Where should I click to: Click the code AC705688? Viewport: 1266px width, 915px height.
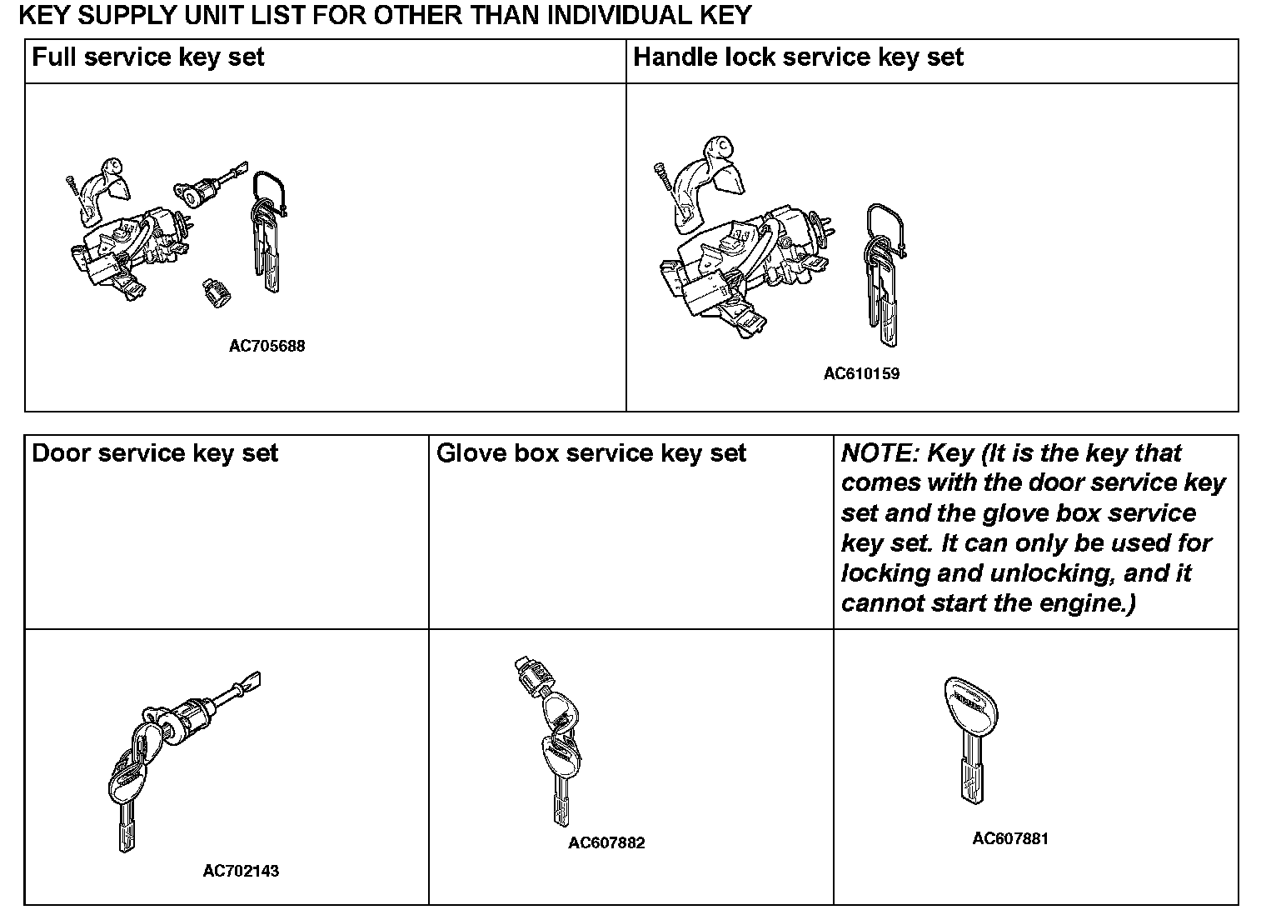(267, 346)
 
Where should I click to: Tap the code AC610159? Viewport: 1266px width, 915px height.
(861, 373)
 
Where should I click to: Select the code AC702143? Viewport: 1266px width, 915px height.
(241, 871)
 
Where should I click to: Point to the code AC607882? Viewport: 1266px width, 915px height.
(606, 842)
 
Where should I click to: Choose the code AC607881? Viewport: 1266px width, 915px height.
(1010, 838)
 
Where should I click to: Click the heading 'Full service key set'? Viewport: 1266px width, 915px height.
(147, 57)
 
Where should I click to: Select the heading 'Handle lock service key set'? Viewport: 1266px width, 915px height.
(798, 57)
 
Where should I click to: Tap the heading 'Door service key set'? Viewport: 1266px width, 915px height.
(154, 453)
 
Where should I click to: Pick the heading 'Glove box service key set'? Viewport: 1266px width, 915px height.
(591, 453)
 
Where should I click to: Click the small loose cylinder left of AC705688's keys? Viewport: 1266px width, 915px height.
(216, 292)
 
